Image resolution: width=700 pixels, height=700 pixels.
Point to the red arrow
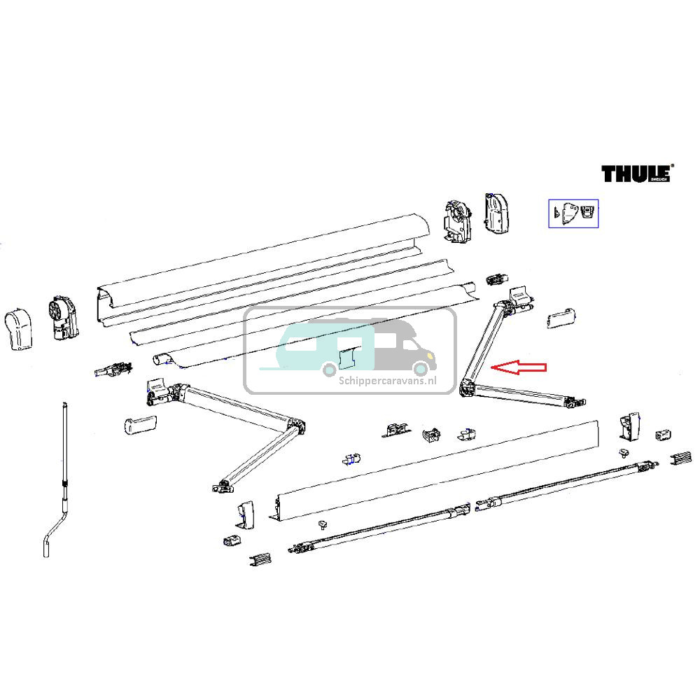click(x=519, y=367)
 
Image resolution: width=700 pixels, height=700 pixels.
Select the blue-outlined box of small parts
click(x=573, y=213)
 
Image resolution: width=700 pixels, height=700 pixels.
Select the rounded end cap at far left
click(x=20, y=330)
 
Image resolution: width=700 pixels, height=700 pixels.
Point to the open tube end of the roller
click(x=160, y=358)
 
